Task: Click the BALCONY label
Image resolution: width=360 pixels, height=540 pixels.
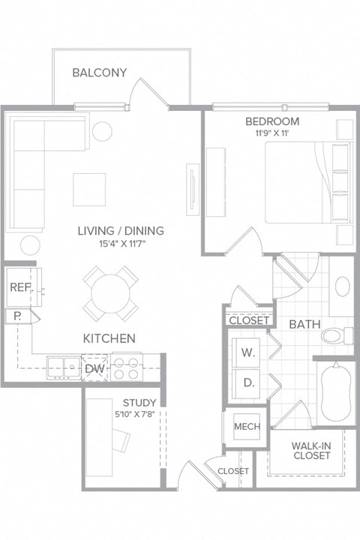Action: pos(99,73)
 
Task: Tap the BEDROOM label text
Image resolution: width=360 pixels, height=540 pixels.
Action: pos(271,121)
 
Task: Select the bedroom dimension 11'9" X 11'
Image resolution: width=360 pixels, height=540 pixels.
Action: pos(271,133)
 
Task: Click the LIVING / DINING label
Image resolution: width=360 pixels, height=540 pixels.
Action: pos(121,230)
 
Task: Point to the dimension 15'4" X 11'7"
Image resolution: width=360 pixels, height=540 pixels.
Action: pos(121,243)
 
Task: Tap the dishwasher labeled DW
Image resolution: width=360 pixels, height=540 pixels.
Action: pos(94,368)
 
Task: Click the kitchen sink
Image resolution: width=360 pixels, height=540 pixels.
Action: pos(63,367)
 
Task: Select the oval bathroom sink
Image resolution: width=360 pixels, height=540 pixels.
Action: pos(342,286)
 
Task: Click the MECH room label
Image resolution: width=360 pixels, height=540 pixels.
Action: pos(247,427)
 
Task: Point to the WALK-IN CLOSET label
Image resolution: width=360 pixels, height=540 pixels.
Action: pos(312,450)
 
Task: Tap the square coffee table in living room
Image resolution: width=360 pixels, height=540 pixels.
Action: pos(89,189)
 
